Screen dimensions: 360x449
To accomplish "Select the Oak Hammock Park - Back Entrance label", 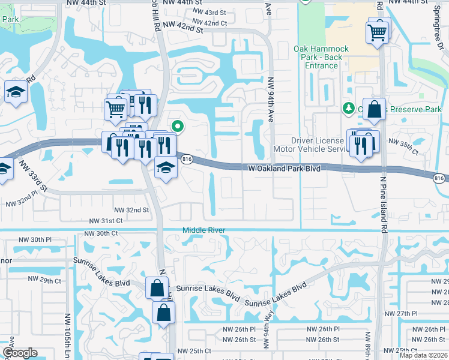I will (318, 53).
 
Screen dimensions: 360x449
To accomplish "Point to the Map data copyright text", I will (423, 356).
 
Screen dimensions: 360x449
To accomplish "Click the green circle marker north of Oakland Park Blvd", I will (177, 126).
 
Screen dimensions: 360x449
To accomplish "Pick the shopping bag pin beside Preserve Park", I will (374, 110).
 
